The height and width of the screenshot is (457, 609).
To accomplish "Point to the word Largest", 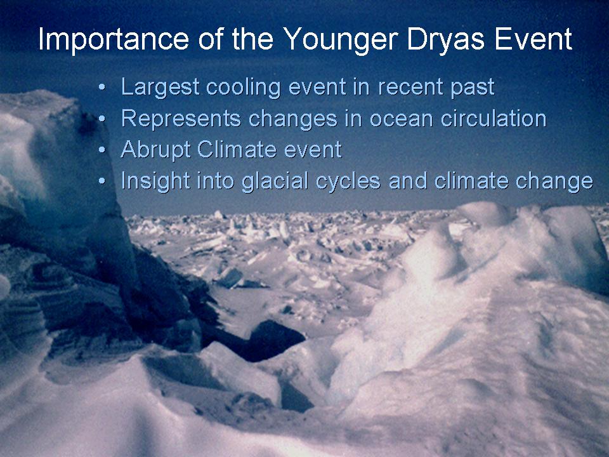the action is point(160,87).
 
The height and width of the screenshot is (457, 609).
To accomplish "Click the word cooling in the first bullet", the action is point(244,87).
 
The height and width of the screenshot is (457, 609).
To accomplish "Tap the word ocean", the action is point(401,119).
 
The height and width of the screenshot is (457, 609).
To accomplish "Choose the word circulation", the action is point(494,119).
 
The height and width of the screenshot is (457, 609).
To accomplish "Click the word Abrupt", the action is point(156,150).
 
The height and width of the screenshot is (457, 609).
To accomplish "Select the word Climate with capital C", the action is point(237,149).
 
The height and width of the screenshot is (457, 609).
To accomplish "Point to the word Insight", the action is point(156,182).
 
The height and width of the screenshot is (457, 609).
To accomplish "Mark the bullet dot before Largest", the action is point(101,88).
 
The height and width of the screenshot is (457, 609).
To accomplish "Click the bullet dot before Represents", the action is point(101,119).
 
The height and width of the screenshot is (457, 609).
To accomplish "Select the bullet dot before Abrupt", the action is point(101,150).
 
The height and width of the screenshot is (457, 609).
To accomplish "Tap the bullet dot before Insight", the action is point(101,181).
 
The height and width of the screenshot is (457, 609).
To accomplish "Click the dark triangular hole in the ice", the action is point(272,339).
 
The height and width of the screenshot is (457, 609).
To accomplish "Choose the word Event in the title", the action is point(534,39).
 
